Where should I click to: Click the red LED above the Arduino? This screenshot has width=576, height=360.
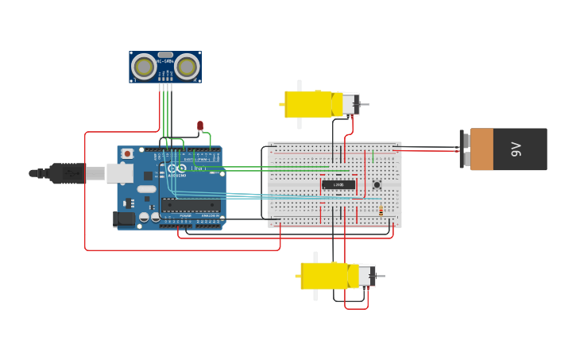point(200,126)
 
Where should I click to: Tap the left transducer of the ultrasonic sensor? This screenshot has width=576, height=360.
point(144,66)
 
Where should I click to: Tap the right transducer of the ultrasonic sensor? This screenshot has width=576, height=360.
point(187,66)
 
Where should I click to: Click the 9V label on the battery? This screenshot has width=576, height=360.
point(516,149)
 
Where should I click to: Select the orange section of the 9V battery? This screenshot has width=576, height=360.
point(481,149)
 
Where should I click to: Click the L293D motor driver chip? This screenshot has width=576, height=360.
point(338,185)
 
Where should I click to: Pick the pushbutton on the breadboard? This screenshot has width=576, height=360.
point(377,185)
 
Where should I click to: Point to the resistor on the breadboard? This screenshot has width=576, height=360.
point(381,211)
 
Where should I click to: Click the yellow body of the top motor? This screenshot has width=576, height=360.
point(308,104)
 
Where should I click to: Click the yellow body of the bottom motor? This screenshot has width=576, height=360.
point(324,276)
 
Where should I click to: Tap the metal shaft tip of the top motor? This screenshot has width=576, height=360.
point(366,104)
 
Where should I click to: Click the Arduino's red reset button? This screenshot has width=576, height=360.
point(127,153)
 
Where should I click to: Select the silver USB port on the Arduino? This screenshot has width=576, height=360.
point(120,172)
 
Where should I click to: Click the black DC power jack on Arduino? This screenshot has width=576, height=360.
point(123,219)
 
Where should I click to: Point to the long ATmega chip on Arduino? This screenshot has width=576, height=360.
point(191,204)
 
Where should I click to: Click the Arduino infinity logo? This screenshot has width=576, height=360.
point(176,168)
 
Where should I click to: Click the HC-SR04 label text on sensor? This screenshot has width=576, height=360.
point(165,61)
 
